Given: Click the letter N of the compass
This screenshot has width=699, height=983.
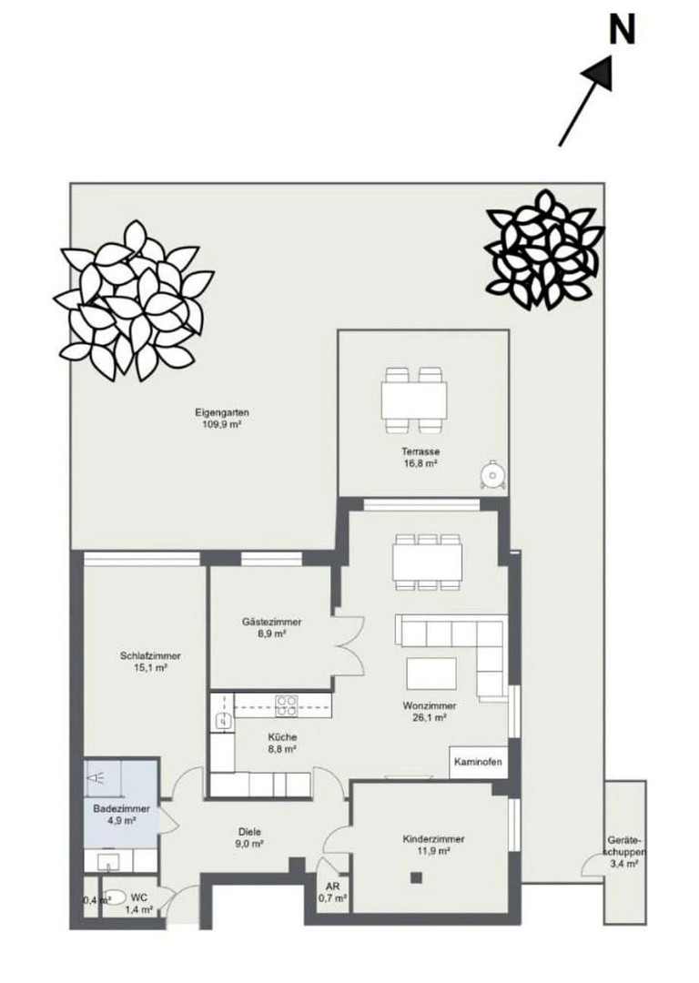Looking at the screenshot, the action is (x=622, y=29).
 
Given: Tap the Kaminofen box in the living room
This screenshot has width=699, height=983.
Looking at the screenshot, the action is (x=478, y=763).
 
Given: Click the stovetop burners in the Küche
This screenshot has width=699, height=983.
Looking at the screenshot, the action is (x=287, y=706).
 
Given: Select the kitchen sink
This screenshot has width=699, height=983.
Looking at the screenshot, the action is (x=223, y=722).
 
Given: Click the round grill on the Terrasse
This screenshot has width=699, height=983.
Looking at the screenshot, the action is (x=491, y=474).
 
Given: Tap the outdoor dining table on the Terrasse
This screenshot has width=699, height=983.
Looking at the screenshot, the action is (x=414, y=400).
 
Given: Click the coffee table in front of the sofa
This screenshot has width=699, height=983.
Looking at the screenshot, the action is (x=432, y=674).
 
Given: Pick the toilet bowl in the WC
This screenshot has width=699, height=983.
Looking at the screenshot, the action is (x=113, y=897).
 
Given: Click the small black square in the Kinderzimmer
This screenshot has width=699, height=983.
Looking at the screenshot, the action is (x=416, y=877).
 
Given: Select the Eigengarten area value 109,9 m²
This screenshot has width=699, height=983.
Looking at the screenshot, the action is (x=222, y=424).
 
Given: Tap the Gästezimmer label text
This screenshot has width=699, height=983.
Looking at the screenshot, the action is (x=271, y=623).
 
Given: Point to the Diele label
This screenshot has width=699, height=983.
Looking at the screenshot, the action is (x=249, y=832).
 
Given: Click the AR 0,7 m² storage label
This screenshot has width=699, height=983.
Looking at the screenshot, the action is (x=331, y=893).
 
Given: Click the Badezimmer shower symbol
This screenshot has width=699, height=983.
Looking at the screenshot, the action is (x=96, y=778).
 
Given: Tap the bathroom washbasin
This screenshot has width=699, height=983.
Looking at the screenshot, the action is (x=108, y=861).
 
